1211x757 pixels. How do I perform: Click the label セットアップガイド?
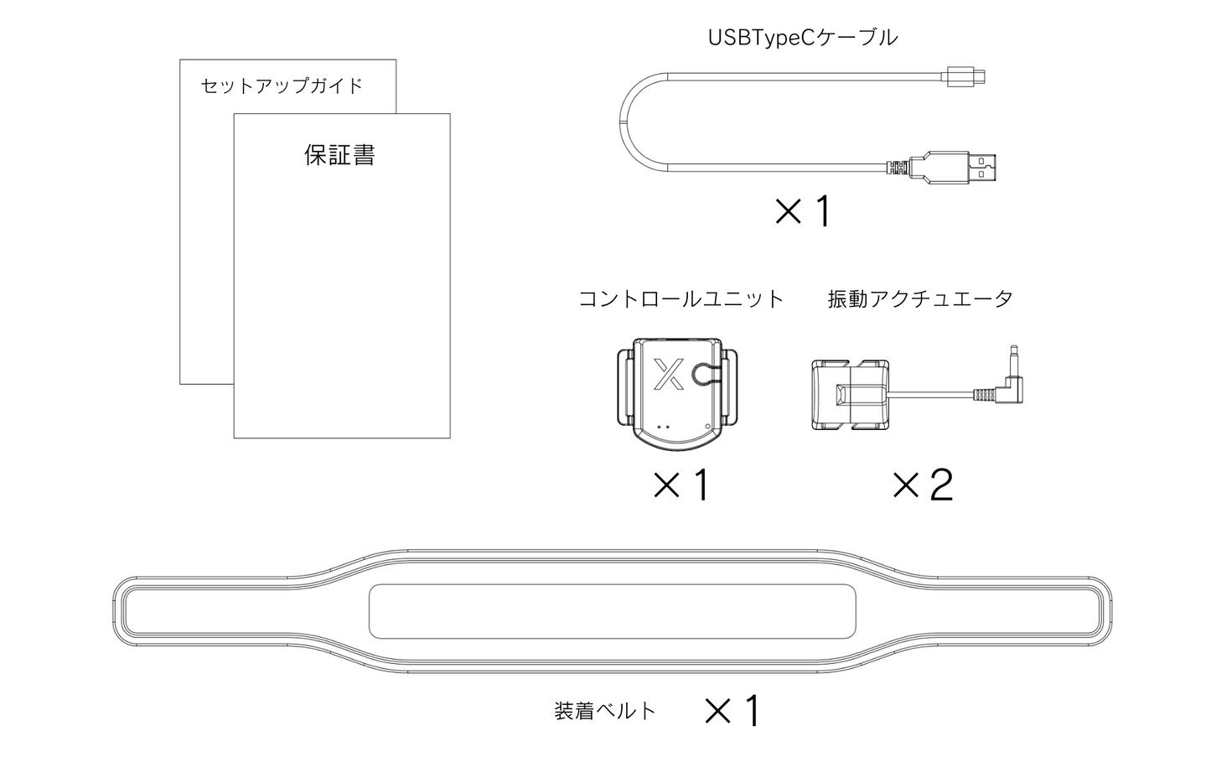coord(282,86)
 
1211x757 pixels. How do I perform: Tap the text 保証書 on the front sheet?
coord(339,155)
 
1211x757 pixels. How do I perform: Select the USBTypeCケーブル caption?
coord(803,38)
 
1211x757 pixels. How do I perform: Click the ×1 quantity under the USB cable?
coord(802,211)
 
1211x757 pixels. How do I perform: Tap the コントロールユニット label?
coord(681,299)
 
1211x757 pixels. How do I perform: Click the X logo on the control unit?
coord(668,374)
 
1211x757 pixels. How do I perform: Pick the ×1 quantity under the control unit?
coord(681,485)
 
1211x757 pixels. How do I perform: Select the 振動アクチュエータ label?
coord(920,299)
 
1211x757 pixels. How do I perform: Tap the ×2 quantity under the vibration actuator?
coord(923,485)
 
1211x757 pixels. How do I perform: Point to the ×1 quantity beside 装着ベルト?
coord(732,711)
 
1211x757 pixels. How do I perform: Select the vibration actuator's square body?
coord(850,394)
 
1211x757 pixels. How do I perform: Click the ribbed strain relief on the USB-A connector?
coord(898,168)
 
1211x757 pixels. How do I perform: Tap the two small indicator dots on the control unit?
coord(664,427)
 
